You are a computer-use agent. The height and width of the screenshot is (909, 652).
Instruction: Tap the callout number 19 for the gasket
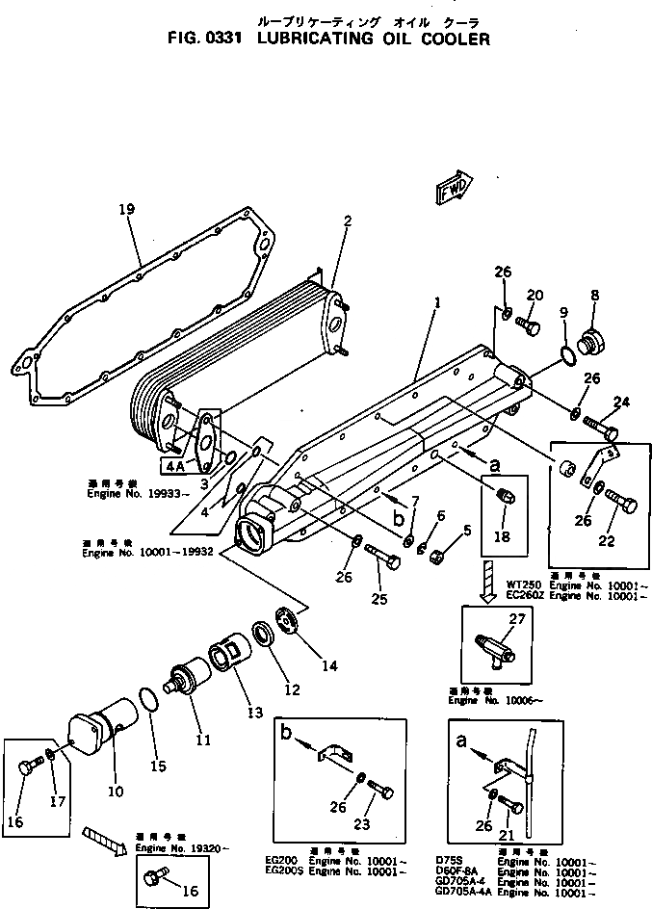(x=124, y=209)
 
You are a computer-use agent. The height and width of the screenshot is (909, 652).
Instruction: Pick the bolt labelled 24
(x=599, y=424)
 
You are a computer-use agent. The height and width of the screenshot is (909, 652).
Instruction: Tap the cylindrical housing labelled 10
(x=96, y=733)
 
